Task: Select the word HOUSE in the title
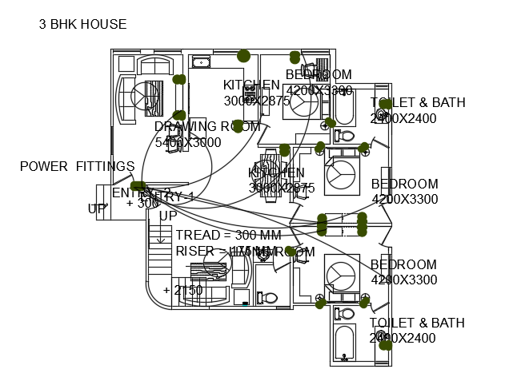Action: click(x=103, y=24)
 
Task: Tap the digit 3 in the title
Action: click(x=42, y=24)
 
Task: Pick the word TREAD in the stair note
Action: click(x=195, y=235)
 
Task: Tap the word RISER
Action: click(x=194, y=251)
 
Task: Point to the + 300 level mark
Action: click(x=143, y=203)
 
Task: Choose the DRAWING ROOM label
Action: click(x=207, y=126)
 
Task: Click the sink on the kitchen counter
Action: click(x=201, y=62)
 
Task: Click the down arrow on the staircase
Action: click(x=160, y=235)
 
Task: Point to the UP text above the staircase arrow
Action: click(x=168, y=216)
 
